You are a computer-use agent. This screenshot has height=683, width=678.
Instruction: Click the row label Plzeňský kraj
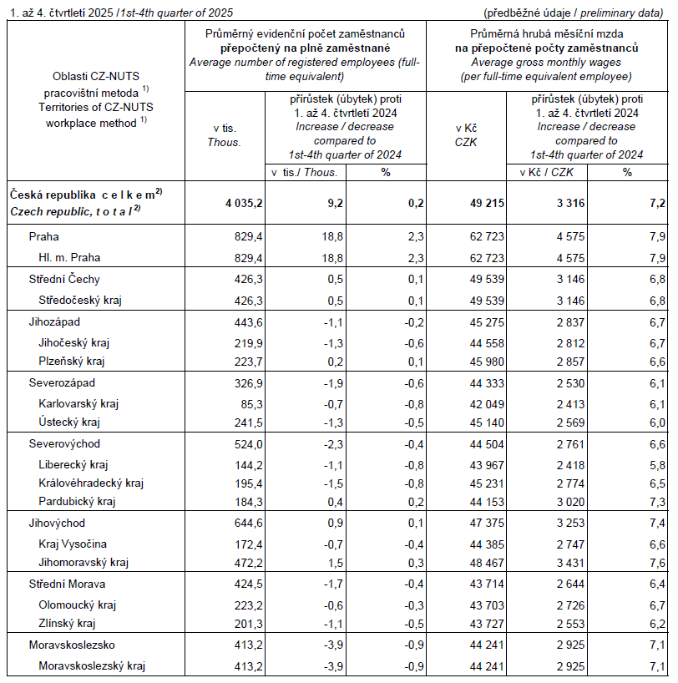pyautogui.click(x=71, y=362)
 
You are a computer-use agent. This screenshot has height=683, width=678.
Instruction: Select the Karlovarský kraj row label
pyautogui.click(x=78, y=402)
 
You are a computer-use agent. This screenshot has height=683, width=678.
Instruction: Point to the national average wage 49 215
pyautogui.click(x=482, y=203)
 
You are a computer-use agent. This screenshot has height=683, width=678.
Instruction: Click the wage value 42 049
pyautogui.click(x=482, y=402)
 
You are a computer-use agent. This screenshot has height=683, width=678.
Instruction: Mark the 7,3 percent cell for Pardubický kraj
pyautogui.click(x=652, y=501)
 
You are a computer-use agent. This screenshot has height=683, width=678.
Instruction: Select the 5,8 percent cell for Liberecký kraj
pyautogui.click(x=652, y=463)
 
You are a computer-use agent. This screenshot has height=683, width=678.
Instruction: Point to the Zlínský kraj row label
pyautogui.click(x=67, y=623)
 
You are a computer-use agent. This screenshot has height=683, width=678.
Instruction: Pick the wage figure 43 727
pyautogui.click(x=482, y=623)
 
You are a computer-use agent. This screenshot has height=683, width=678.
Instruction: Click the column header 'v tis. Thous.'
pyautogui.click(x=224, y=135)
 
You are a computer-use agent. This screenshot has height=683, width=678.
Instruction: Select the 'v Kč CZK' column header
pyautogui.click(x=466, y=135)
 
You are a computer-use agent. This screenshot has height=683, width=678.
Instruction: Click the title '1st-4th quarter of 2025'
pyautogui.click(x=176, y=13)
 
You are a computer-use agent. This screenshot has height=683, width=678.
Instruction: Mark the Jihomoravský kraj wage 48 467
pyautogui.click(x=482, y=562)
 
